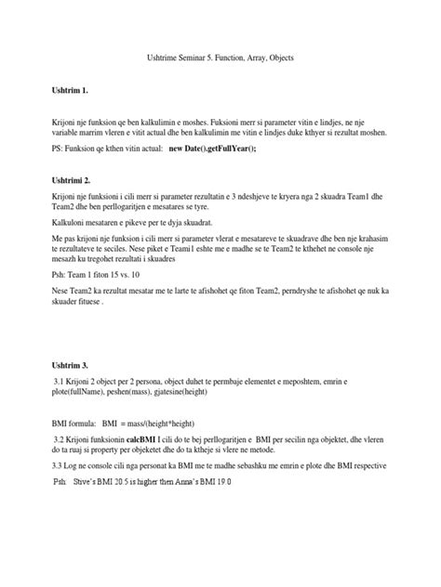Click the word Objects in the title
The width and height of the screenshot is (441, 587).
tap(321, 59)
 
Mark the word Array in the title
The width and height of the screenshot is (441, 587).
tap(286, 59)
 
